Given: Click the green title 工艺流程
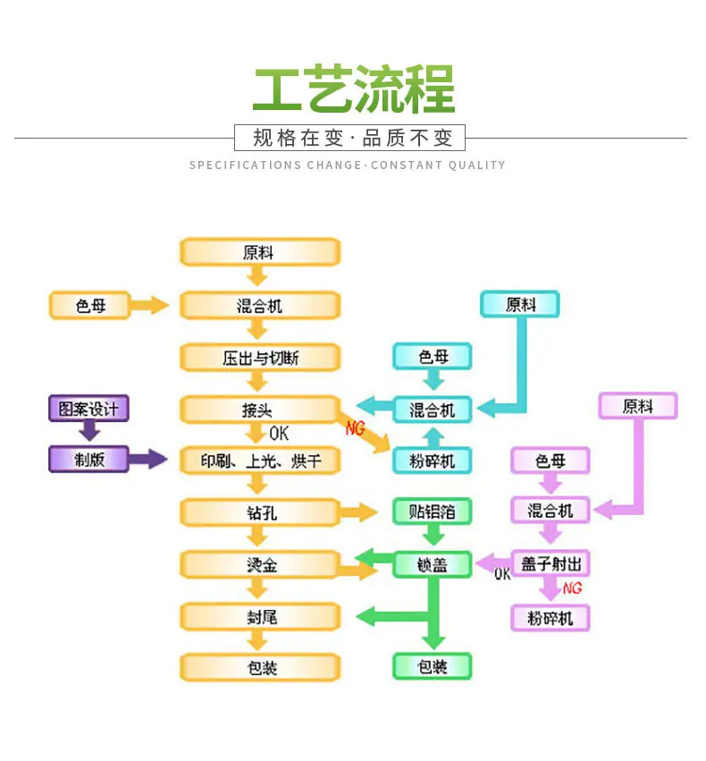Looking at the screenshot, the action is coord(354,89).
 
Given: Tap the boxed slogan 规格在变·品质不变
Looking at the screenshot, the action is coord(349,138).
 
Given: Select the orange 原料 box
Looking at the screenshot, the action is coord(260,252).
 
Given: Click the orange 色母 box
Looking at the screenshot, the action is coord(90,305).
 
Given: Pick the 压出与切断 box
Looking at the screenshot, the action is coord(260,358).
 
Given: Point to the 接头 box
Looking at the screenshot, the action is coord(260,410).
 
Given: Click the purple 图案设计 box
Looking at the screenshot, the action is coord(88,408).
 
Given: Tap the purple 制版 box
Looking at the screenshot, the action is coord(88,459).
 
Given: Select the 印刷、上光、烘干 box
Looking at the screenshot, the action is coord(260,461).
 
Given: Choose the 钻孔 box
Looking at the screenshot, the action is coord(260,512).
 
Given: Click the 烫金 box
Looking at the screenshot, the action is coord(260,564).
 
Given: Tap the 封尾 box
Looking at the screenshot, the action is coord(260,617).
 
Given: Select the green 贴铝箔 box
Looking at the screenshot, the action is coord(432,511).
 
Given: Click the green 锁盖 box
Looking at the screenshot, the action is coord(432,564).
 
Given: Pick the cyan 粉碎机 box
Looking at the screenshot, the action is coord(432,461).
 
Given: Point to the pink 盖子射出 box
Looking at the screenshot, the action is coord(551,563).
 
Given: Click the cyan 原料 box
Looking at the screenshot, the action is coord(520,304).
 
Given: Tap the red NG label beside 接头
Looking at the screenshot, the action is coord(355,428).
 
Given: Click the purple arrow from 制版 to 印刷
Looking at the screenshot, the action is coord(147,459).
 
